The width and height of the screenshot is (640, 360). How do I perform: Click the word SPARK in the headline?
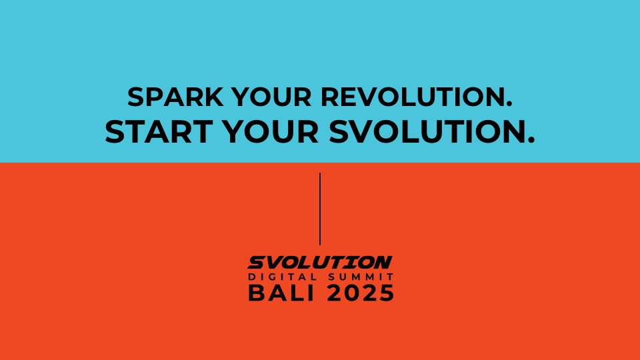coord(175,97)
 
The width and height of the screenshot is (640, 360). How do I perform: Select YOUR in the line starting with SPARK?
coord(271,97)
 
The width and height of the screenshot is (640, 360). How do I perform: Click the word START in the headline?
coord(159,132)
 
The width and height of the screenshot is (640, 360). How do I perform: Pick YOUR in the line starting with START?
coord(271,132)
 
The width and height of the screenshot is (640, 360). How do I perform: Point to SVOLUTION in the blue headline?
coord(428,132)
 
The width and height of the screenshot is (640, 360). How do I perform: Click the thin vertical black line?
coord(320,209)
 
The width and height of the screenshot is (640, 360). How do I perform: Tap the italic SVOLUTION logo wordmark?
coord(320,263)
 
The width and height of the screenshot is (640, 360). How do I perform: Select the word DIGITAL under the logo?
coord(283,277)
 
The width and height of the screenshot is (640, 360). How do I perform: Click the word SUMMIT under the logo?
coord(361,277)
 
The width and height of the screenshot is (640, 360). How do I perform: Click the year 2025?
coord(361,293)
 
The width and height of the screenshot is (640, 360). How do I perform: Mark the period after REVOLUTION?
coord(509,105)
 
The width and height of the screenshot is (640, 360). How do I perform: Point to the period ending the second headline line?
coord(531,141)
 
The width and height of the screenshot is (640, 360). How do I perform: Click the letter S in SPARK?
coord(136,97)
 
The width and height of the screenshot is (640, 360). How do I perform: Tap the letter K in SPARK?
coord(215,97)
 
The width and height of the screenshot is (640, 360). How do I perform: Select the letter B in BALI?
coord(256,293)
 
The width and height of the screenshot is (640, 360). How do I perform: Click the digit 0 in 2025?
coord(352,293)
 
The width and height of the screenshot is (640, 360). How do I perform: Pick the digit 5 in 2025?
coord(386,293)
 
